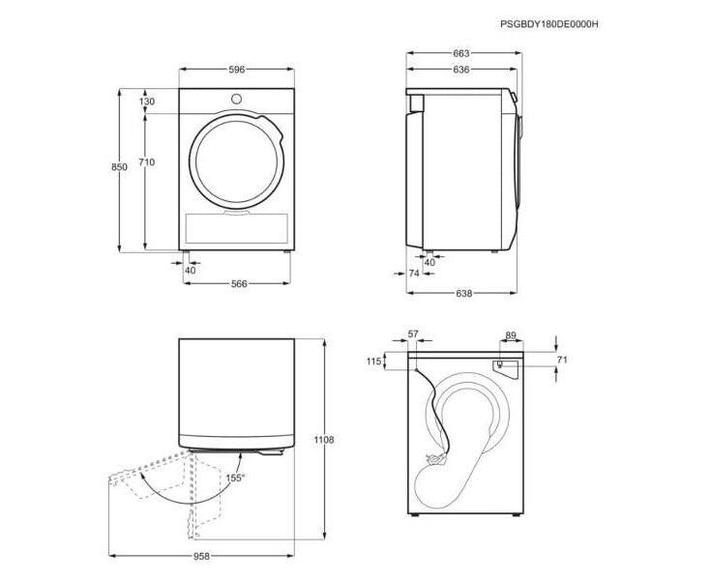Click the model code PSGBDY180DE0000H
tap(549, 24)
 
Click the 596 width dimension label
tap(236, 70)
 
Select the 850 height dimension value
tap(120, 167)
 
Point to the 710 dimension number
tap(147, 162)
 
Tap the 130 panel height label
tap(147, 101)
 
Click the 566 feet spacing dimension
tap(239, 283)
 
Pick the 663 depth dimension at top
tap(461, 53)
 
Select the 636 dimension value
tap(461, 70)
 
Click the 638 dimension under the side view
tap(464, 293)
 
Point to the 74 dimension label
tap(414, 274)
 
